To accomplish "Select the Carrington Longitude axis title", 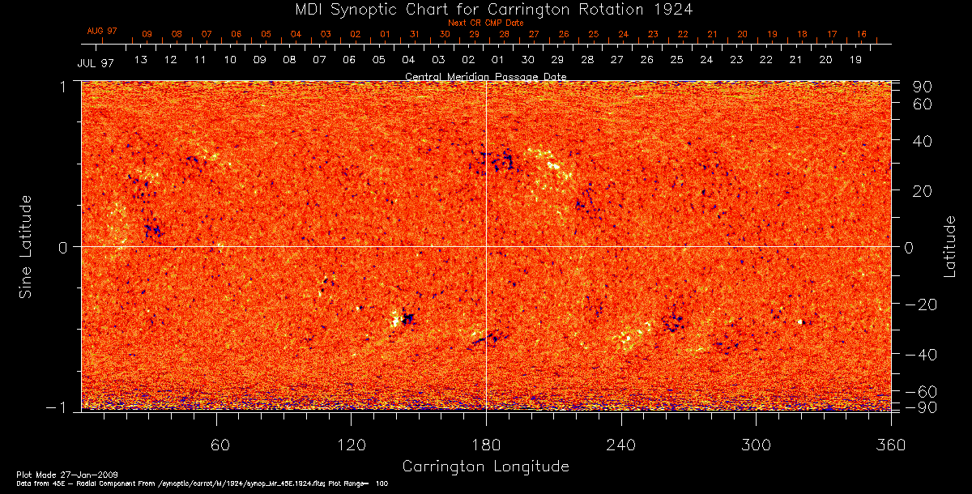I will tap(485, 466).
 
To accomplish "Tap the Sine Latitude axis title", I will tap(26, 246).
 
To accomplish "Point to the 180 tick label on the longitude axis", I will tap(486, 445).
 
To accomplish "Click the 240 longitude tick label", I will tap(621, 445).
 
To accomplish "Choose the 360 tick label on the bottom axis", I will tap(891, 445).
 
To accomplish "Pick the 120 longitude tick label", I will tap(351, 445).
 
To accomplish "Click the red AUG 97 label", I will tap(102, 31).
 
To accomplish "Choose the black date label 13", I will tap(140, 60).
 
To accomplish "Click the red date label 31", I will tap(415, 35).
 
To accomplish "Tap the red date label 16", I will tap(861, 35).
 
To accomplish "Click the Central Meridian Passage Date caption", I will tap(486, 77).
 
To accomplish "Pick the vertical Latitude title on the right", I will tap(950, 246).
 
